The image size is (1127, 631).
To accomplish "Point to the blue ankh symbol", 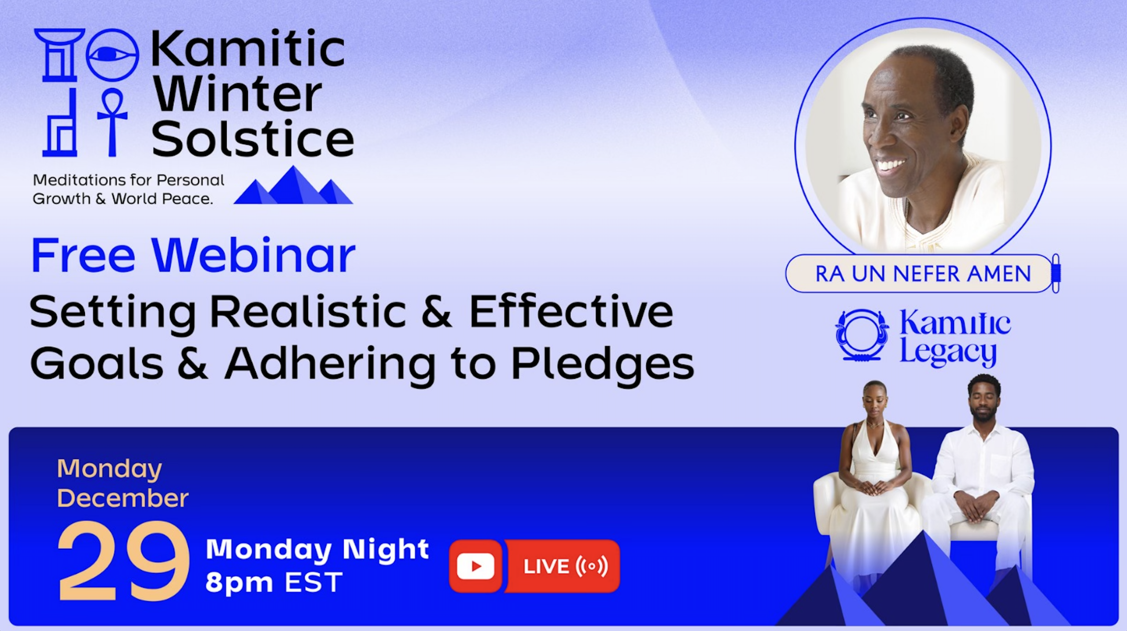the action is pos(112,122).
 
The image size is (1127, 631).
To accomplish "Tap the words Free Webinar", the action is pos(193,255).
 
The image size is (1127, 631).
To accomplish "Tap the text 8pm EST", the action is pos(274,582).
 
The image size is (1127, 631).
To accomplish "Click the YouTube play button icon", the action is pos(475,566).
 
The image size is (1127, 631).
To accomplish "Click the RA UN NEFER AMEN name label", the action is pos(923,273).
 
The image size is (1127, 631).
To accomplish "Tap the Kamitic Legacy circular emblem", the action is pos(861,335).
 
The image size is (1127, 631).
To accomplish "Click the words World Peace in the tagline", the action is pos(162,199).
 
